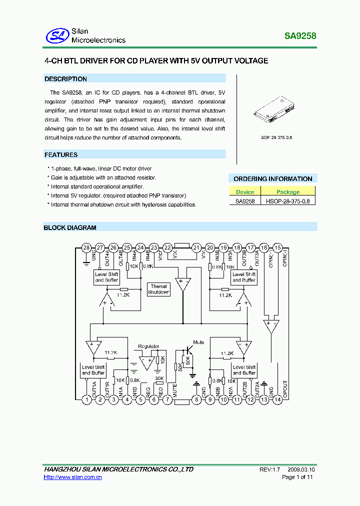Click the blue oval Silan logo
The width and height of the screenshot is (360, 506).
(56, 35)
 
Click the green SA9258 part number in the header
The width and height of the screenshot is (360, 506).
(300, 36)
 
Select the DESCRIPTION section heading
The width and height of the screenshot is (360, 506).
(65, 79)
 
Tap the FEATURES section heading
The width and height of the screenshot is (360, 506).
(61, 155)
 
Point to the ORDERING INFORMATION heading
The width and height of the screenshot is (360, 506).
(273, 178)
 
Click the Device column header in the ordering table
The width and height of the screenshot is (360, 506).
(245, 191)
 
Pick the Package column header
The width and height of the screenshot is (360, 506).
(288, 191)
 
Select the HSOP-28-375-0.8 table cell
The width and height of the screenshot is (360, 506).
(288, 201)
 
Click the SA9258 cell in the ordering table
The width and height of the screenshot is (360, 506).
(245, 201)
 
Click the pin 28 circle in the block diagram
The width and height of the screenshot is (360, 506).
(86, 247)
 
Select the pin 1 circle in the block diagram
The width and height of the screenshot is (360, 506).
(87, 399)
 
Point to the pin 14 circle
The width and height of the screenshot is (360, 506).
(278, 399)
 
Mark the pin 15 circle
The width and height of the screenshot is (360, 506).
(278, 247)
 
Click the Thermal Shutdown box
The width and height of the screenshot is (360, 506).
(158, 289)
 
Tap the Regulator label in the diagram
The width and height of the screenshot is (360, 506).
(148, 346)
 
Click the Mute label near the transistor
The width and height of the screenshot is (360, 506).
(198, 342)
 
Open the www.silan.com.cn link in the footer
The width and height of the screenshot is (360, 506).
(73, 477)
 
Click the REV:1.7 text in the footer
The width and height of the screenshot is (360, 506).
(270, 469)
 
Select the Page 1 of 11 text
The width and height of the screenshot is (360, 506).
(297, 477)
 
